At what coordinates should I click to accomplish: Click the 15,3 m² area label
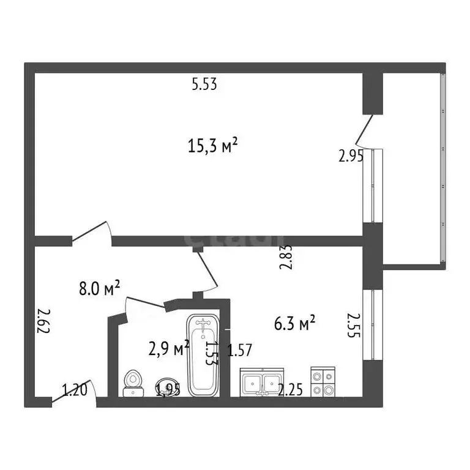point(212,146)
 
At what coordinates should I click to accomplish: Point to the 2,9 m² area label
point(168,348)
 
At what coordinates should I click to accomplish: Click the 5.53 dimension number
point(204,85)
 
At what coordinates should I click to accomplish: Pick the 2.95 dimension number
point(351,156)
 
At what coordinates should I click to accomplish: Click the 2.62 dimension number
point(43,320)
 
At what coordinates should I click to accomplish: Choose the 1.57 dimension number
point(241,351)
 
